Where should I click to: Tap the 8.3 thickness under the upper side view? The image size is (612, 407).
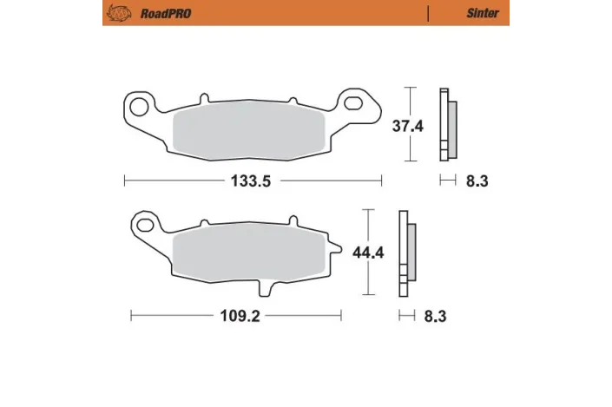click(x=477, y=181)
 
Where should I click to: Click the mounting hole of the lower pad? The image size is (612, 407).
click(x=145, y=226)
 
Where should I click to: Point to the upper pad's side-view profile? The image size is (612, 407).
click(x=448, y=125)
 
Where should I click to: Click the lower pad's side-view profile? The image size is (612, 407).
click(x=406, y=253)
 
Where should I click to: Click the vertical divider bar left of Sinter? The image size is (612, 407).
click(x=428, y=13)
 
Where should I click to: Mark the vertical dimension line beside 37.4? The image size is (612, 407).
click(x=412, y=125)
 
